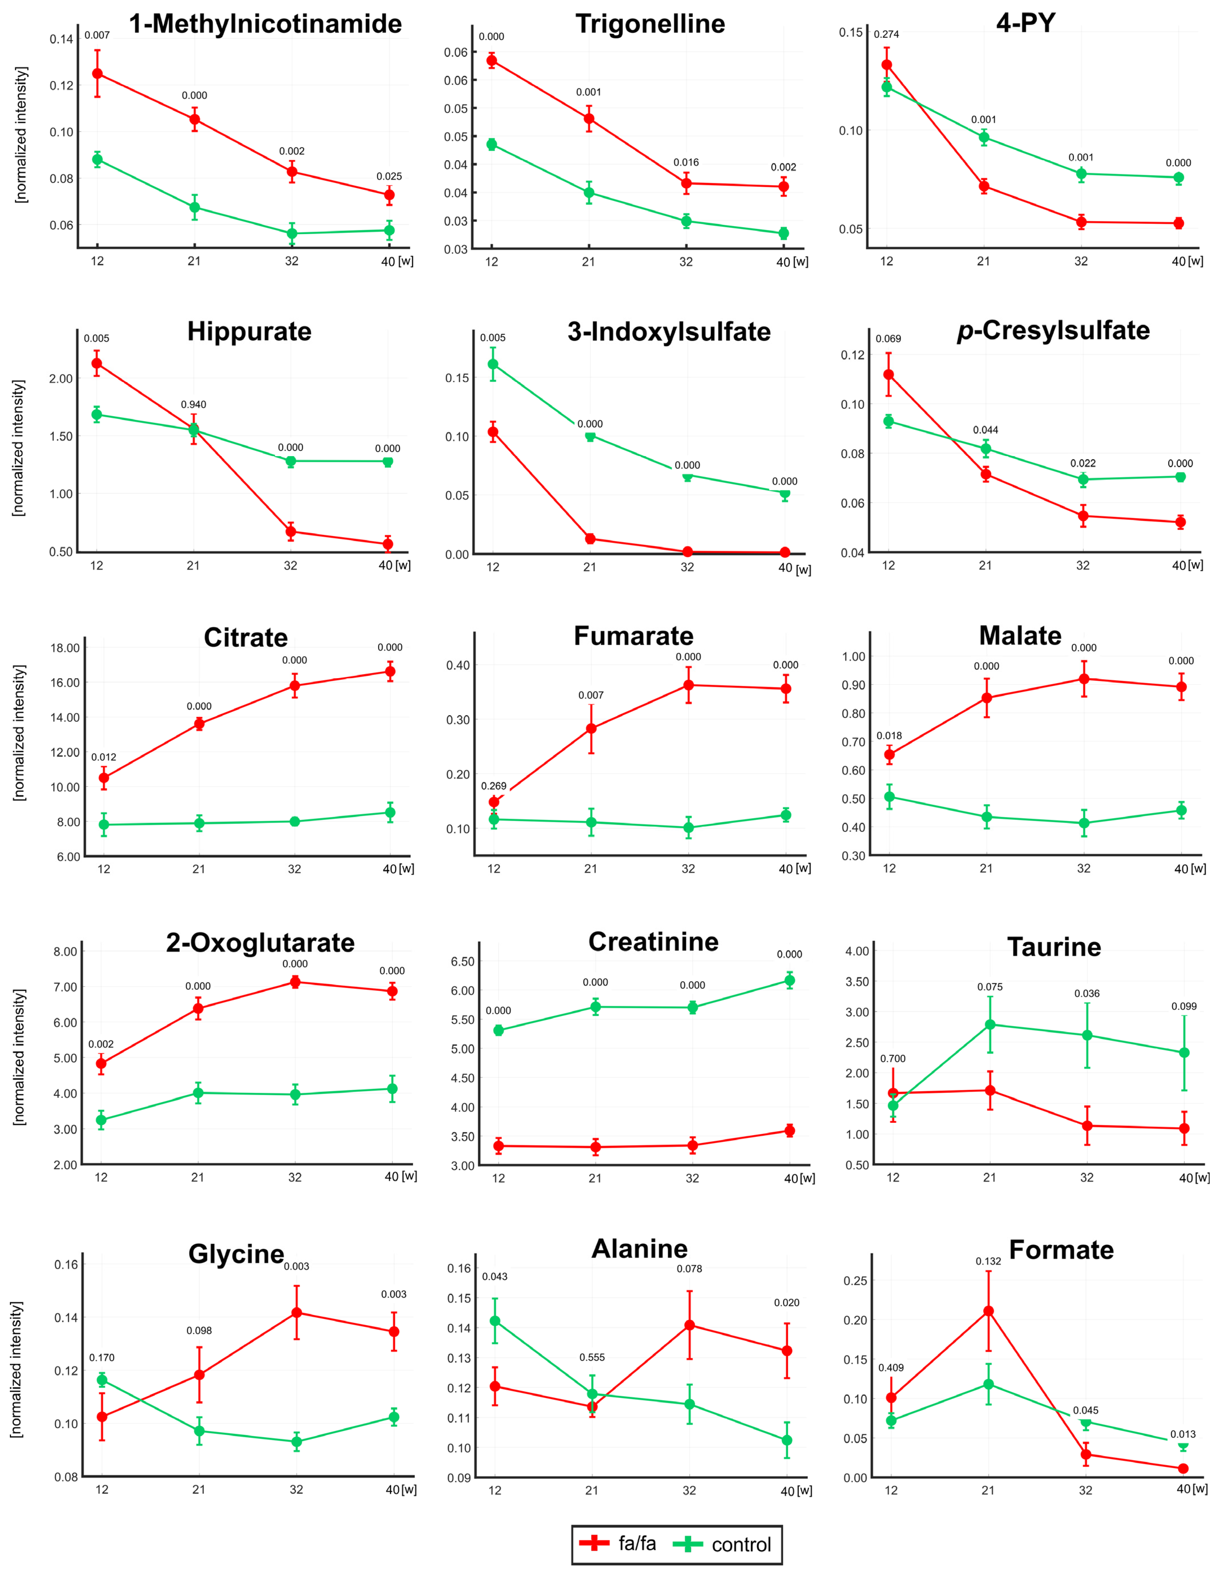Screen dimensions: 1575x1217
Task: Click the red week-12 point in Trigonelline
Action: [x=492, y=61]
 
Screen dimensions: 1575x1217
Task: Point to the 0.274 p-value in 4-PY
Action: [x=886, y=35]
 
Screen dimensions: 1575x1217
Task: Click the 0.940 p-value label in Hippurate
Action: [x=193, y=405]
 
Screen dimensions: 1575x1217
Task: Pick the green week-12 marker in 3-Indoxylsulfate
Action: [x=493, y=364]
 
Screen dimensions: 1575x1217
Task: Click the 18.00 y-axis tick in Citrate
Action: [x=65, y=648]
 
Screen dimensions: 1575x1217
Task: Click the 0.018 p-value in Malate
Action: [x=889, y=736]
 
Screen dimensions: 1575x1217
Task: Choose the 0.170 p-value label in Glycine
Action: [x=102, y=1357]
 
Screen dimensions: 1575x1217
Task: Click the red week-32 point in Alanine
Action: [x=689, y=1325]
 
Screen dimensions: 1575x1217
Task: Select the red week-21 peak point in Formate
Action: [x=988, y=1311]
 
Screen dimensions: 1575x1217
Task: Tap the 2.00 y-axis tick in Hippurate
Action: [x=61, y=379]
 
